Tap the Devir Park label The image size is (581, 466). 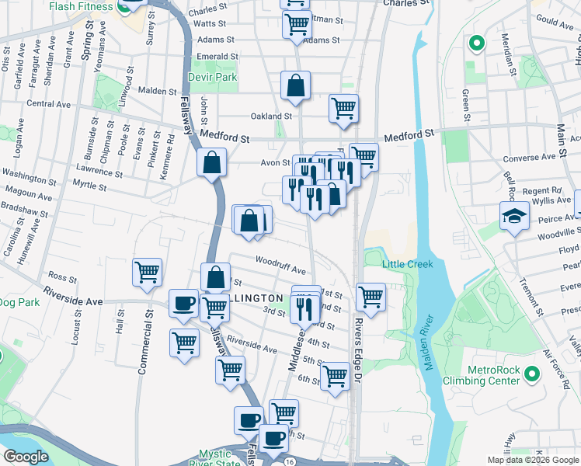(212, 78)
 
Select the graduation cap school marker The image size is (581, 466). (514, 217)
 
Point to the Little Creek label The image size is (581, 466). (407, 264)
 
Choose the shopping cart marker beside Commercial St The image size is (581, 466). (148, 272)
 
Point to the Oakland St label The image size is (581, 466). (270, 116)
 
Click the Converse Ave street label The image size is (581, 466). (530, 157)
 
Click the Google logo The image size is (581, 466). (26, 457)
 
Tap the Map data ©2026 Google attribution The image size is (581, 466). (532, 460)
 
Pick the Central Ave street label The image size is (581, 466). (48, 103)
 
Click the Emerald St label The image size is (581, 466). (217, 57)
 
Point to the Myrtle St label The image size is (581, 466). (89, 186)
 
